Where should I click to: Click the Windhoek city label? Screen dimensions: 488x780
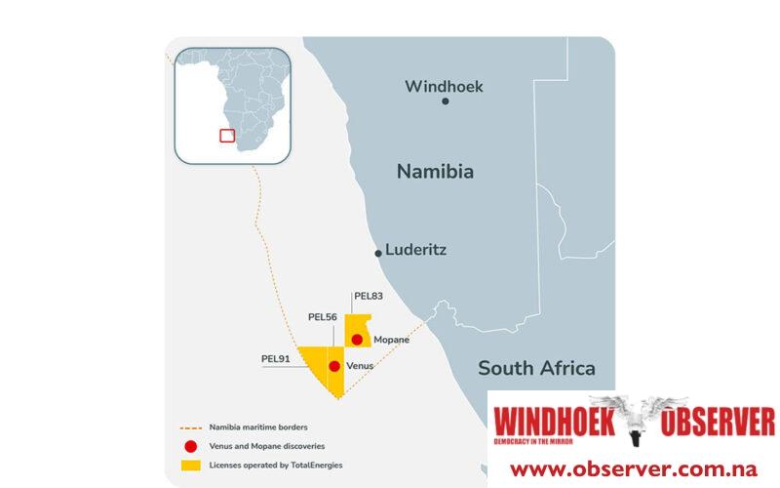pyautogui.click(x=444, y=86)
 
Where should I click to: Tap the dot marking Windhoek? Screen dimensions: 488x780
pyautogui.click(x=446, y=102)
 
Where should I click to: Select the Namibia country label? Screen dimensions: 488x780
pyautogui.click(x=435, y=172)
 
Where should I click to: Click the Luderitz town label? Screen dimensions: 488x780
pyautogui.click(x=415, y=249)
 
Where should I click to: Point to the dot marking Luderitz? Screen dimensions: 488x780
pyautogui.click(x=378, y=253)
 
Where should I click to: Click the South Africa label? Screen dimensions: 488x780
pyautogui.click(x=536, y=368)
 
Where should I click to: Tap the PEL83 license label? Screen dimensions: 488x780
pyautogui.click(x=369, y=296)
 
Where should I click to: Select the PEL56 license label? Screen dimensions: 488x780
pyautogui.click(x=323, y=316)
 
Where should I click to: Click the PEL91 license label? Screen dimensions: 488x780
pyautogui.click(x=276, y=358)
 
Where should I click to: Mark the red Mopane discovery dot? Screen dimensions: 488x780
pyautogui.click(x=358, y=340)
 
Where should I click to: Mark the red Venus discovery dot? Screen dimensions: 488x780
pyautogui.click(x=334, y=366)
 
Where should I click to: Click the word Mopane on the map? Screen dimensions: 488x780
pyautogui.click(x=392, y=340)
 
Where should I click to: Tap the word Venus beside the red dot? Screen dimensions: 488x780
pyautogui.click(x=361, y=366)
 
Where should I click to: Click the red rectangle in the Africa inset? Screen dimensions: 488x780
pyautogui.click(x=227, y=136)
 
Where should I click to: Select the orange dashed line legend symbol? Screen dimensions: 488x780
pyautogui.click(x=190, y=427)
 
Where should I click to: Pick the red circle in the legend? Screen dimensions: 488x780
pyautogui.click(x=190, y=446)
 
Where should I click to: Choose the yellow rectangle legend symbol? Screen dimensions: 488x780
pyautogui.click(x=190, y=465)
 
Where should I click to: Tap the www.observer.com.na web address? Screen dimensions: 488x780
pyautogui.click(x=634, y=468)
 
